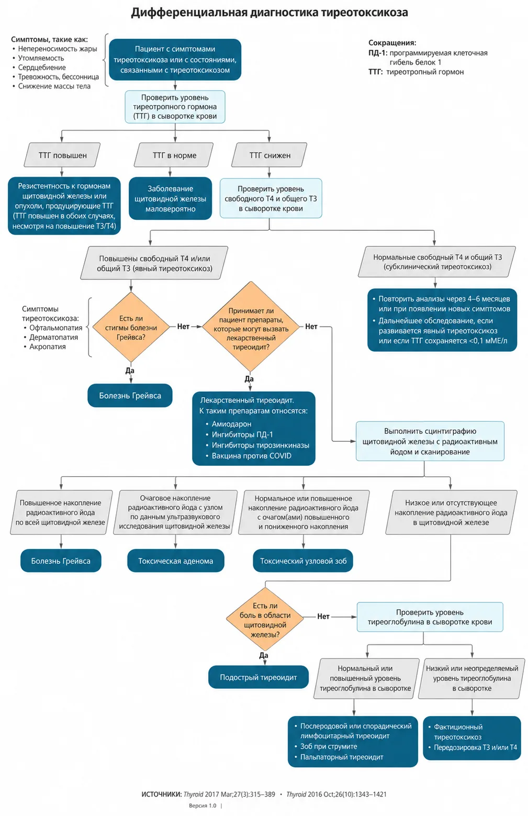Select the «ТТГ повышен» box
[62, 155]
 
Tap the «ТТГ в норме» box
[174, 155]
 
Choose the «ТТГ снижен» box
[269, 155]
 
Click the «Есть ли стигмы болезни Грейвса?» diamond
[131, 327]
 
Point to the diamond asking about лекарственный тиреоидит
[251, 327]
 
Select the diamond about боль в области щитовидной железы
[265, 619]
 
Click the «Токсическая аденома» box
[175, 561]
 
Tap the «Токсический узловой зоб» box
[303, 561]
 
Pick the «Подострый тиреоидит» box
[258, 677]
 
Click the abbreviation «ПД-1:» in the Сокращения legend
[378, 53]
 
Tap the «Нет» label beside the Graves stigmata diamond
[183, 327]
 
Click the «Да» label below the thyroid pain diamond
[264, 655]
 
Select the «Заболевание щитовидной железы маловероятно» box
[171, 198]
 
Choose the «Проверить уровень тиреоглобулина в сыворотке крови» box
[430, 617]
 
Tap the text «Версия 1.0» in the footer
[203, 806]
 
